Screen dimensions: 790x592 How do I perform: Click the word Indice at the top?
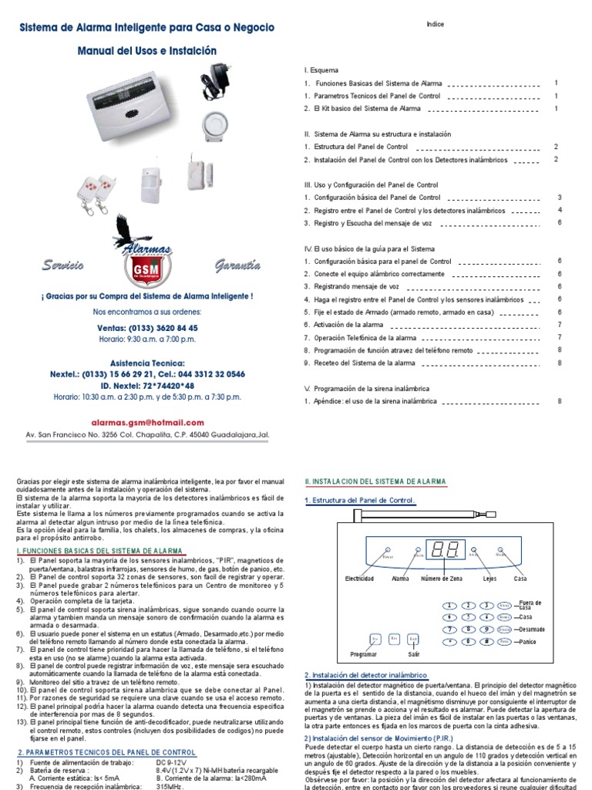point(435,25)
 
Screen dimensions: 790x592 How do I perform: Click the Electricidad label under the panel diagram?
point(360,577)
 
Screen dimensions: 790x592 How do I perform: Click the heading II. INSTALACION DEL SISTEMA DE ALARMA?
point(375,481)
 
